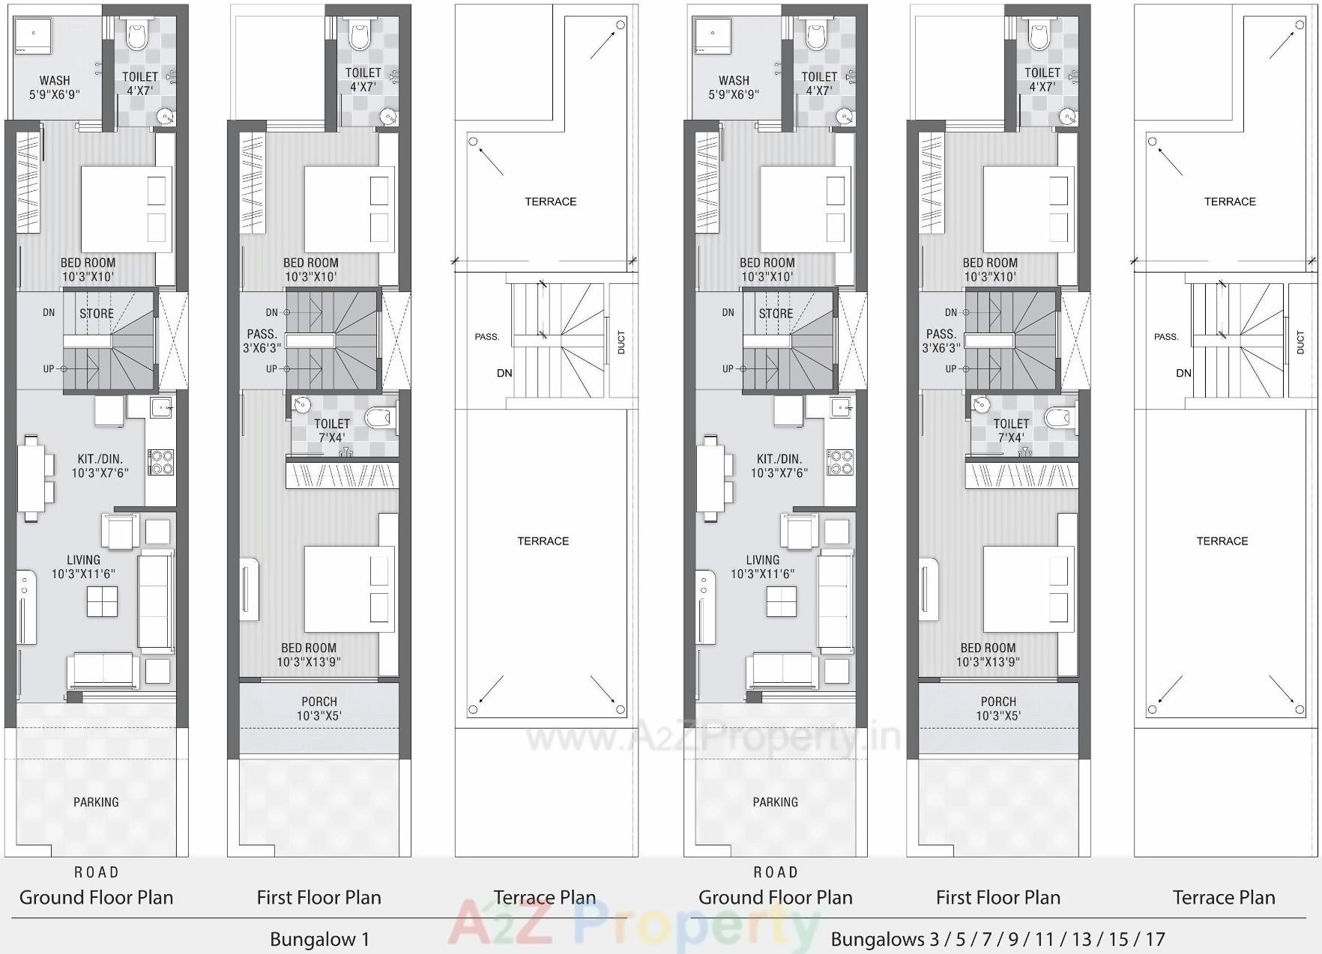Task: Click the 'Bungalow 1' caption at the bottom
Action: tap(319, 939)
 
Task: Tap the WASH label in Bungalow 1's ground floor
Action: tap(55, 81)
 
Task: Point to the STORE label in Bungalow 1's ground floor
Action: tap(97, 314)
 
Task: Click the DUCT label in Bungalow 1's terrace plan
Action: tap(621, 342)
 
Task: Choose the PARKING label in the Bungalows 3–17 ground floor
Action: tap(775, 802)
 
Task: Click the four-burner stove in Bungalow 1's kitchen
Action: tap(160, 462)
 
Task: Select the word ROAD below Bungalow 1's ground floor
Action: tap(96, 872)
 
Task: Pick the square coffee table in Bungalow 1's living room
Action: tap(102, 601)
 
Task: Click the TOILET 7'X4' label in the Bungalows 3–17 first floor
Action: tap(1011, 431)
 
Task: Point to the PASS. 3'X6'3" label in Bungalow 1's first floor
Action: tap(262, 341)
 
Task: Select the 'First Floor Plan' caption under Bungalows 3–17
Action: tap(997, 897)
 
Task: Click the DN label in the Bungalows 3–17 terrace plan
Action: tap(1183, 373)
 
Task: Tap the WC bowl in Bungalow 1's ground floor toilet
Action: tap(138, 34)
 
